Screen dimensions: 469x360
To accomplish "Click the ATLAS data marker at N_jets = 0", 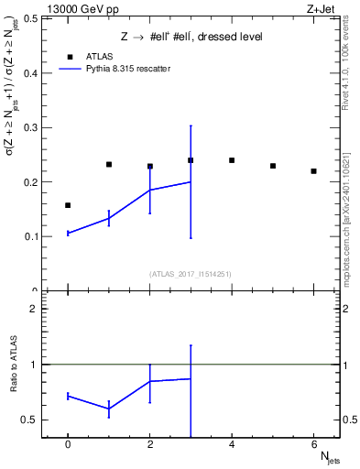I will point(68,205).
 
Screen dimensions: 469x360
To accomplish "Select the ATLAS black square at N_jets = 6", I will point(313,171).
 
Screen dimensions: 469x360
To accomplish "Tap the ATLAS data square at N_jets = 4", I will point(232,160).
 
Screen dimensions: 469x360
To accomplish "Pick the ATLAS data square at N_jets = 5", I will point(273,166).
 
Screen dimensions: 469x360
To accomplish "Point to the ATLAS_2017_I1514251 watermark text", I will point(191,274).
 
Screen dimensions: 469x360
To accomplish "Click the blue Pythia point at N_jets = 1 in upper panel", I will point(109,217).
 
